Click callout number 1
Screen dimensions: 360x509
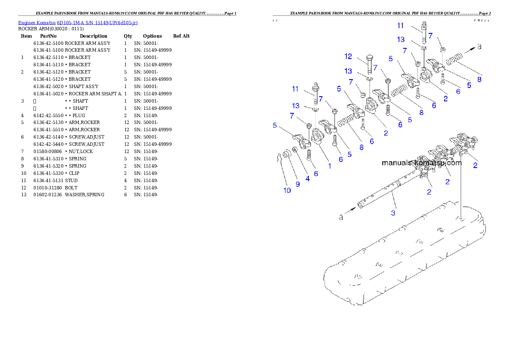[330, 166]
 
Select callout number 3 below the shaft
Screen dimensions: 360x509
[394, 212]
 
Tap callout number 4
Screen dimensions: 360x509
[308, 179]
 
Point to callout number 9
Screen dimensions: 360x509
[298, 184]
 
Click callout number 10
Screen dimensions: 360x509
[287, 190]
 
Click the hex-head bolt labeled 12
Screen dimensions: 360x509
[370, 64]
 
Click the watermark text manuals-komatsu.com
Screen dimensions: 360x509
[421, 163]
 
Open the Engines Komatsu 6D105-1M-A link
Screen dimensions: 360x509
[77, 22]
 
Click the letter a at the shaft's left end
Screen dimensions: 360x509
[341, 218]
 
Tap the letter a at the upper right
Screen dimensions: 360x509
[479, 47]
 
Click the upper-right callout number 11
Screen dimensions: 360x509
[400, 25]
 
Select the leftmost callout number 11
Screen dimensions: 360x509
[295, 89]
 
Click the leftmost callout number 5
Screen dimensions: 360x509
[275, 126]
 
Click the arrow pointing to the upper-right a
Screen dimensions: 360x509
[468, 50]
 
